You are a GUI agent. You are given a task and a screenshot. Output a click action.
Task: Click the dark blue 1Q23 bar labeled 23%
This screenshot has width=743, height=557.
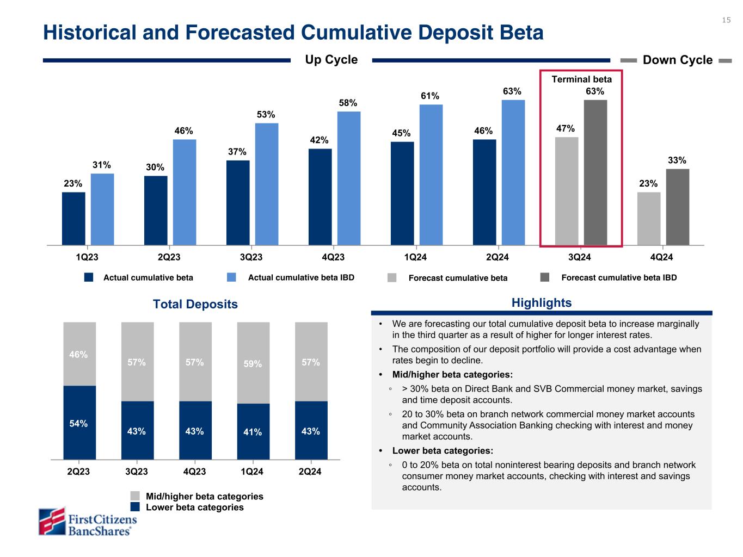pyautogui.click(x=73, y=218)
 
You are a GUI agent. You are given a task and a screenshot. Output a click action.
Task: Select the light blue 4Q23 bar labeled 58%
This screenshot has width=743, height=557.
pyautogui.click(x=349, y=178)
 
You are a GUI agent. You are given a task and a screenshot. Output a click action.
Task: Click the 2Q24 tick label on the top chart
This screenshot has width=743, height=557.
pyautogui.click(x=497, y=257)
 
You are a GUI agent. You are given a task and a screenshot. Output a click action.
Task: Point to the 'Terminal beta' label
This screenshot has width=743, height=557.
pyautogui.click(x=581, y=79)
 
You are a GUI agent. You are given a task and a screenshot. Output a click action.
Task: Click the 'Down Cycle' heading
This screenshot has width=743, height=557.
pyautogui.click(x=677, y=60)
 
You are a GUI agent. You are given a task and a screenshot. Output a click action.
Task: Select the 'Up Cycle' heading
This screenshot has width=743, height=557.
pyautogui.click(x=331, y=60)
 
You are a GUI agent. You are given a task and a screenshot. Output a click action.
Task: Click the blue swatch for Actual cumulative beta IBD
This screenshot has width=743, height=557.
pyautogui.click(x=231, y=277)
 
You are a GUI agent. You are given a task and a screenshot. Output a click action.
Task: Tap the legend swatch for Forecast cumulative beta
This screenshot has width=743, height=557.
pyautogui.click(x=392, y=278)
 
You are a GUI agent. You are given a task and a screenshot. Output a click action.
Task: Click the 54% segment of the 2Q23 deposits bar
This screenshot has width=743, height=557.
pyautogui.click(x=79, y=423)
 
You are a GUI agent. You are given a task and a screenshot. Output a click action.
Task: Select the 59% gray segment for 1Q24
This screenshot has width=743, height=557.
pyautogui.click(x=253, y=363)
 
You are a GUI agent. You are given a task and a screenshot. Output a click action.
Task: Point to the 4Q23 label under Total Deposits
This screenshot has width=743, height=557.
pyautogui.click(x=195, y=472)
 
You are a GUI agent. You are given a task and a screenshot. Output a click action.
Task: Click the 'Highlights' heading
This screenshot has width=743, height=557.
pyautogui.click(x=541, y=303)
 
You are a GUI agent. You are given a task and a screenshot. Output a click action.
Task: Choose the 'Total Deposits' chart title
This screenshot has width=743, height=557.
pyautogui.click(x=195, y=304)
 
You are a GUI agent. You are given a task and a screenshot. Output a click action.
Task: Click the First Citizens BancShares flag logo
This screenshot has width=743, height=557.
pyautogui.click(x=52, y=521)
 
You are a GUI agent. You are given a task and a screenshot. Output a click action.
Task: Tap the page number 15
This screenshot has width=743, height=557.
pyautogui.click(x=726, y=20)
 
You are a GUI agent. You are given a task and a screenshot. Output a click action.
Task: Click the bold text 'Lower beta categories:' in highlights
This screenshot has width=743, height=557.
pyautogui.click(x=443, y=450)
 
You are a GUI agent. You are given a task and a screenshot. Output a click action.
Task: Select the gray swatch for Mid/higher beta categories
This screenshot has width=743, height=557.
pyautogui.click(x=135, y=496)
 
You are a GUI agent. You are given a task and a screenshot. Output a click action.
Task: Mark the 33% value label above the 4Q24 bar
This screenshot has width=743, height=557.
pyautogui.click(x=677, y=160)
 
